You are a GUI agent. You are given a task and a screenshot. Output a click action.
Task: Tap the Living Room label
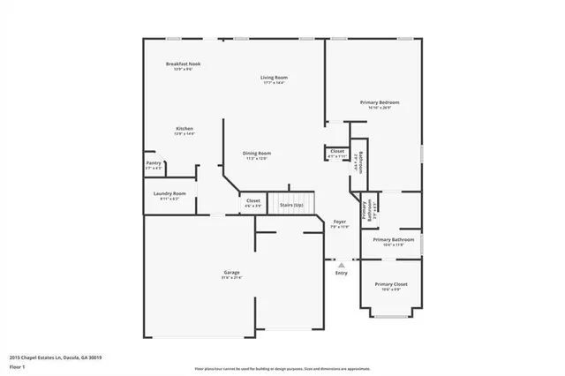(x=274, y=78)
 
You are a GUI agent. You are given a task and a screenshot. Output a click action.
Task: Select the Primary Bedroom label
(x=380, y=102)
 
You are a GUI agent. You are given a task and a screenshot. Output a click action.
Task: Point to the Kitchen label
(x=184, y=129)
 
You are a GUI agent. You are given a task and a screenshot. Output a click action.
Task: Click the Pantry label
(x=154, y=162)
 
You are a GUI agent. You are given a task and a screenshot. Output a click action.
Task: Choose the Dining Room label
(x=257, y=153)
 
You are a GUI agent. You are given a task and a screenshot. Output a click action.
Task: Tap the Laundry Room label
(x=169, y=193)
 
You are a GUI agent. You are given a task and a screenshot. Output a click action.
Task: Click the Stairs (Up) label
(x=291, y=205)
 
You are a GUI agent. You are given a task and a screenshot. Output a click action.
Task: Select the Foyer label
(x=340, y=222)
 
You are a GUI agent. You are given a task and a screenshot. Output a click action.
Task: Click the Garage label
(x=231, y=273)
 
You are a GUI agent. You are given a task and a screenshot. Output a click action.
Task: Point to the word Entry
(x=342, y=273)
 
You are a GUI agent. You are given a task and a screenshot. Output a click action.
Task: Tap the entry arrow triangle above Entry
(x=342, y=263)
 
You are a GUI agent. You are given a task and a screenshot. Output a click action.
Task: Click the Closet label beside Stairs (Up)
(x=253, y=200)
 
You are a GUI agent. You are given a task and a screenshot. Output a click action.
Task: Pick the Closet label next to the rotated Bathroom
(x=337, y=151)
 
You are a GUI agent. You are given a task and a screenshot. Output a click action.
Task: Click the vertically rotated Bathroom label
(x=360, y=162)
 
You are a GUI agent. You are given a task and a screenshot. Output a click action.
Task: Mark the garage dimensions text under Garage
(x=231, y=278)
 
